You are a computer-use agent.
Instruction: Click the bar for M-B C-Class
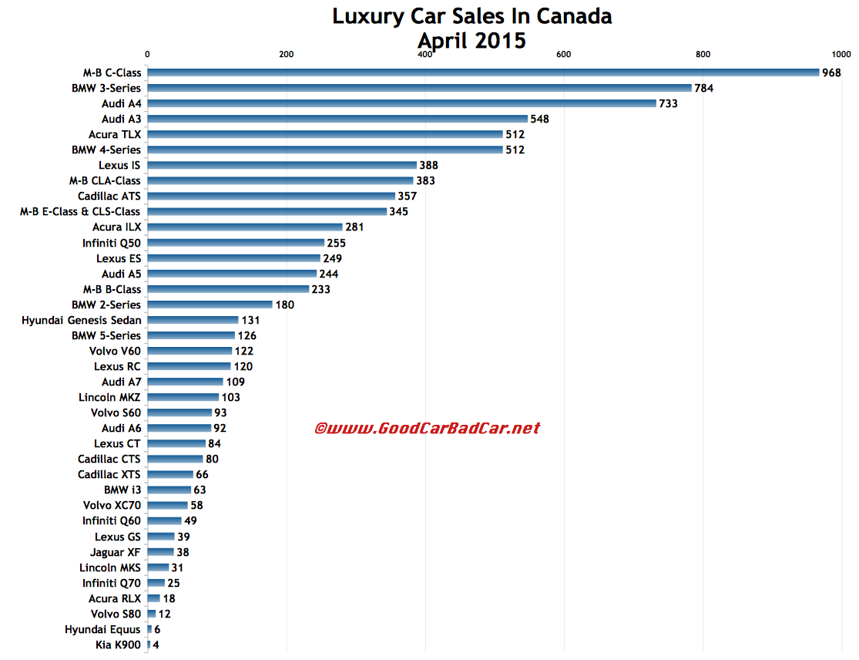pyautogui.click(x=483, y=72)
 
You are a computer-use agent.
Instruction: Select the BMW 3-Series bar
pyautogui.click(x=419, y=88)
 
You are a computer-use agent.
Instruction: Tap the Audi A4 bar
pyautogui.click(x=401, y=103)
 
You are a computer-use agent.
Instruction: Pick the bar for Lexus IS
pyautogui.click(x=281, y=165)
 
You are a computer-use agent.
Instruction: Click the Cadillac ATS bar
pyautogui.click(x=270, y=196)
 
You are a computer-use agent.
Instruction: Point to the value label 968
pyautogui.click(x=831, y=72)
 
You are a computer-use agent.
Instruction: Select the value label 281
pyautogui.click(x=354, y=227)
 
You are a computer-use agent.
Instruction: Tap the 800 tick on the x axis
pyautogui.click(x=702, y=54)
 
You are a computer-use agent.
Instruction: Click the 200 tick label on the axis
pyautogui.click(x=286, y=54)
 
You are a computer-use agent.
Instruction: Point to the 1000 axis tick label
pyautogui.click(x=841, y=54)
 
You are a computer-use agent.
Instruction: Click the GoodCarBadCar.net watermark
pyautogui.click(x=427, y=428)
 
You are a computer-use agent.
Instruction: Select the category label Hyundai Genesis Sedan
pyautogui.click(x=81, y=320)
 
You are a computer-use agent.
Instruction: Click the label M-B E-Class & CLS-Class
pyautogui.click(x=80, y=211)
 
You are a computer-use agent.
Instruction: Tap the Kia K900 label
pyautogui.click(x=114, y=645)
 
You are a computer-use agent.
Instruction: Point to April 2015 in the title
pyautogui.click(x=471, y=40)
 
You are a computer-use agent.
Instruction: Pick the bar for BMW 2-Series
pyautogui.click(x=210, y=305)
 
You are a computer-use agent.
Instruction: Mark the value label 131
pyautogui.click(x=250, y=320)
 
